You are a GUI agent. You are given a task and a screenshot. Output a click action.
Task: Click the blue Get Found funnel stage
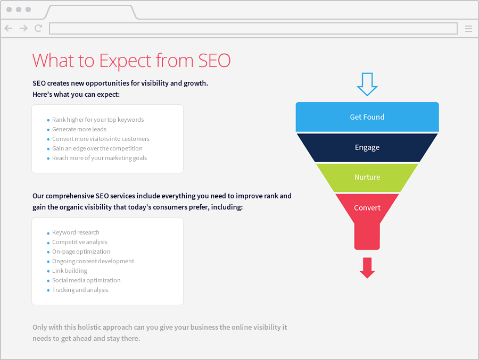pos(367,117)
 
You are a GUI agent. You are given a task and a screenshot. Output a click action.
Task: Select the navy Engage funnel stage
pos(367,147)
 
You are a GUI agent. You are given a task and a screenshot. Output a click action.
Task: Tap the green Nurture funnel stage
pos(367,178)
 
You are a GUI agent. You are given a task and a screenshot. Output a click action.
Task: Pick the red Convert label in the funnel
pos(367,208)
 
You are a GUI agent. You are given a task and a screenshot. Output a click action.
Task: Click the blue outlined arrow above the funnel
pos(367,84)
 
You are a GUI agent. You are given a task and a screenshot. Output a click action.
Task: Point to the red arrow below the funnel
pos(367,268)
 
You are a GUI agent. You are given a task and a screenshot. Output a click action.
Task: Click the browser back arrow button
pos(9,28)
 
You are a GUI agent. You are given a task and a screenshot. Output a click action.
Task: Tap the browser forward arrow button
pos(23,28)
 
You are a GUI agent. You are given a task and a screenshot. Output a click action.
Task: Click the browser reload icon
pos(38,28)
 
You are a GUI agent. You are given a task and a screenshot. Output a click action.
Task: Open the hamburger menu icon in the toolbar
pos(468,29)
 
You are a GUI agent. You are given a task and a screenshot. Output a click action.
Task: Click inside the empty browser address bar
pos(253,28)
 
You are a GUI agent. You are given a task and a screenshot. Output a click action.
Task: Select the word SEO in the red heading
pos(214,61)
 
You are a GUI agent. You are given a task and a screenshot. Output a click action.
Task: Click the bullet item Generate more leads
pos(79,129)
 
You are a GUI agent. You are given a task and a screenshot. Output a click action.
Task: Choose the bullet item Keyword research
pos(76,232)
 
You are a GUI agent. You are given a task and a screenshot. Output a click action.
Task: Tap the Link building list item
pos(69,271)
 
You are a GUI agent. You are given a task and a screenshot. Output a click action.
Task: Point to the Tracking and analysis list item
pos(80,290)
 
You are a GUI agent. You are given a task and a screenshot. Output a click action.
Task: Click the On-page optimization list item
pos(81,252)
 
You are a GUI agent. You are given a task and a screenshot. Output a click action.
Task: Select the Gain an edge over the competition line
pos(97,148)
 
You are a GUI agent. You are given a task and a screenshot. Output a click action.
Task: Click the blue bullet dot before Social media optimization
pos(48,281)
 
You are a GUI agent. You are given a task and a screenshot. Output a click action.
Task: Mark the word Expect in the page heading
pos(125,61)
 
